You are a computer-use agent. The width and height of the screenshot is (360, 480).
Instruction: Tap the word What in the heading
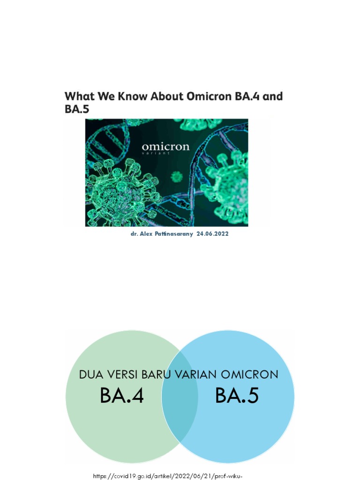(x=77, y=97)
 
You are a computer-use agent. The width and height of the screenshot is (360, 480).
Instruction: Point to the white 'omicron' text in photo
(x=165, y=147)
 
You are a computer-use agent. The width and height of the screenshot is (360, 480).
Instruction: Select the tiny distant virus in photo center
(x=176, y=177)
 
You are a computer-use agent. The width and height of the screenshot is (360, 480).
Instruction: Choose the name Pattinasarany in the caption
(x=176, y=233)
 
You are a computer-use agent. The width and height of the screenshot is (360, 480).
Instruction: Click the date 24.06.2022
(x=214, y=233)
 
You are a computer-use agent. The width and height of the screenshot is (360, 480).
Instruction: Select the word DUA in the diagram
(x=91, y=375)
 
